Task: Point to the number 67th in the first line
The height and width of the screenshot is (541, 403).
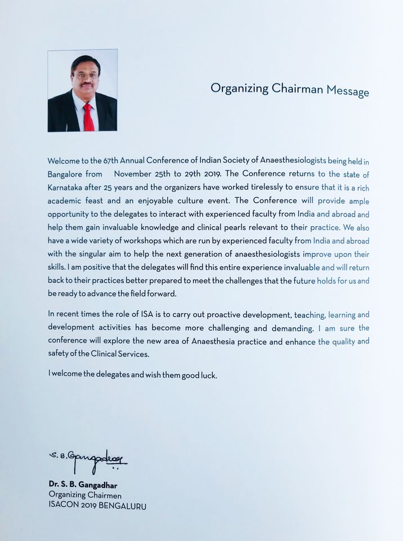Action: tap(104, 161)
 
